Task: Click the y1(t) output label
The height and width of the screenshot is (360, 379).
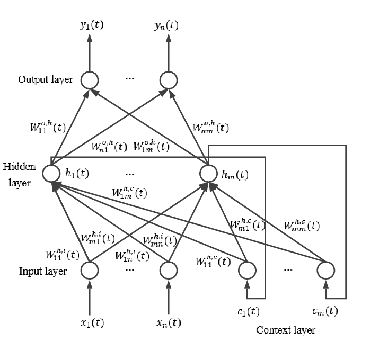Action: tap(90, 25)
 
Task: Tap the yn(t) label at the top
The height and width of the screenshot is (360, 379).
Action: tap(167, 25)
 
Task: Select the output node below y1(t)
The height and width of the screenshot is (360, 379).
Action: tap(90, 80)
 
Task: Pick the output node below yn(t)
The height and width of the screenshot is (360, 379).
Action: tap(168, 80)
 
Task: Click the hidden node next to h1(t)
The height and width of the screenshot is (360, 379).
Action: tap(51, 173)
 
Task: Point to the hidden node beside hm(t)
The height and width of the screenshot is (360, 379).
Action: tap(208, 173)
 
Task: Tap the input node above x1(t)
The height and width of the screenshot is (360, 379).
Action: tap(90, 271)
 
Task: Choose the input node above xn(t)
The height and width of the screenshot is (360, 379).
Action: tap(168, 271)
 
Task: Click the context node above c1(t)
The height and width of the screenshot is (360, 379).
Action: tap(246, 271)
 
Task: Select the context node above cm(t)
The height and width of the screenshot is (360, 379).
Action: tap(326, 271)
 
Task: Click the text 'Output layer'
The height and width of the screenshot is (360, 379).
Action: tap(45, 80)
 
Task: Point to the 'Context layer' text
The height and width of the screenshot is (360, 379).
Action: tap(286, 330)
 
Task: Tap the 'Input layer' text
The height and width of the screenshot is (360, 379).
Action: tap(43, 272)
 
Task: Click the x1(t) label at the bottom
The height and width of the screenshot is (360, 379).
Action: tap(89, 321)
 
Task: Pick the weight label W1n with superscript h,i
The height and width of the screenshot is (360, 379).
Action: tap(133, 256)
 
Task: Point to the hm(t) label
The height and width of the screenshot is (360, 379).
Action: tap(234, 174)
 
